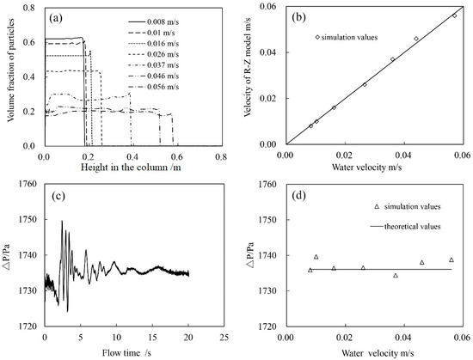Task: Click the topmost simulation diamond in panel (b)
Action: coord(455,15)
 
